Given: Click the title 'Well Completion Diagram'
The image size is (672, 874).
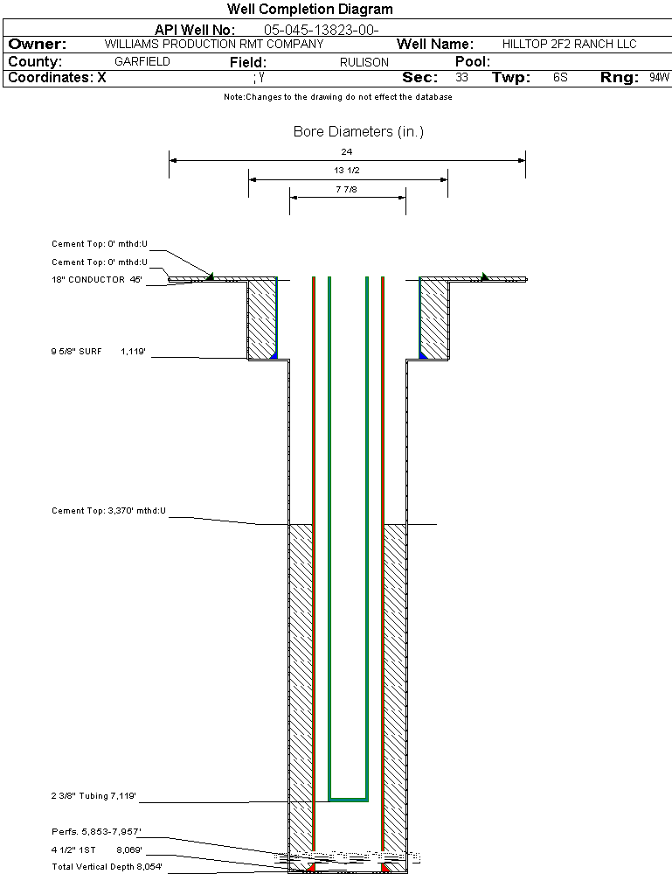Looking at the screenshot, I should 309,10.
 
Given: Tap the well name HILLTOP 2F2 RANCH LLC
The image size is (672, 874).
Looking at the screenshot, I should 569,44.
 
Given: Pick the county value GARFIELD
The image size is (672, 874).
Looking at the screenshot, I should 142,62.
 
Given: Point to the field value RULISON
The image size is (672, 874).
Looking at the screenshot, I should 364,62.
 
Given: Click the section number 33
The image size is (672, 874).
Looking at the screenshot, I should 461,78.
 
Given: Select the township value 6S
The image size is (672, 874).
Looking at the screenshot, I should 560,78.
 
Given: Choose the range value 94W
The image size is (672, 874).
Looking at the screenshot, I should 659,78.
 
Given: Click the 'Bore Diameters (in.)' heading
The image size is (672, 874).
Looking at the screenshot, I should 358,132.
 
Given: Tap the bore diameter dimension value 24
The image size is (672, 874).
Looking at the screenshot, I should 347,152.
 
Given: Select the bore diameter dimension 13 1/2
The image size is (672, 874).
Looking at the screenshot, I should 347,171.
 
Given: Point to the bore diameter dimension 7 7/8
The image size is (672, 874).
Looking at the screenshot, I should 347,189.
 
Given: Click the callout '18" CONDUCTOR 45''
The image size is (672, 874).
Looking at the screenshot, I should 96,280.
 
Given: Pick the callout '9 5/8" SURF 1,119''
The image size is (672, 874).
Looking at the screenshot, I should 96,352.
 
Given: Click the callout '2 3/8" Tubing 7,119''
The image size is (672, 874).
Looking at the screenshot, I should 94,796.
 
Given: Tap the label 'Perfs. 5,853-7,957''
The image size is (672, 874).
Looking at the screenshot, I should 96,831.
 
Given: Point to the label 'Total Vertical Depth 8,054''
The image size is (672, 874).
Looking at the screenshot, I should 107,866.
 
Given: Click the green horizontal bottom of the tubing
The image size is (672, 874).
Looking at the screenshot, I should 348,799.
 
